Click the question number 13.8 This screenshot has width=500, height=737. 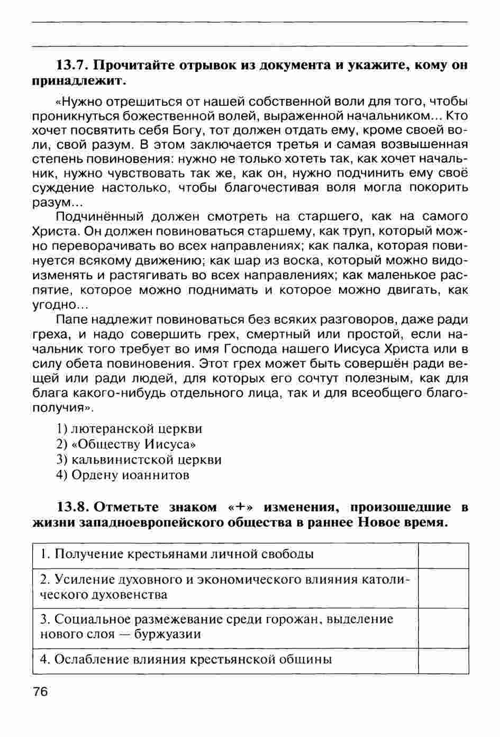(74, 507)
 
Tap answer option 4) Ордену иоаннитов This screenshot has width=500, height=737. (122, 475)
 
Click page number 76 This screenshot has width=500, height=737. (40, 691)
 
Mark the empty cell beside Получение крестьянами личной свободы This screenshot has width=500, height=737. (443, 555)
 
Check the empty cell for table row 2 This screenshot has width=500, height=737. (443, 588)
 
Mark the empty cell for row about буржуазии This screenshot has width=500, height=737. (443, 627)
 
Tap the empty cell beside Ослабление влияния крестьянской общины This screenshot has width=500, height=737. (443, 660)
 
